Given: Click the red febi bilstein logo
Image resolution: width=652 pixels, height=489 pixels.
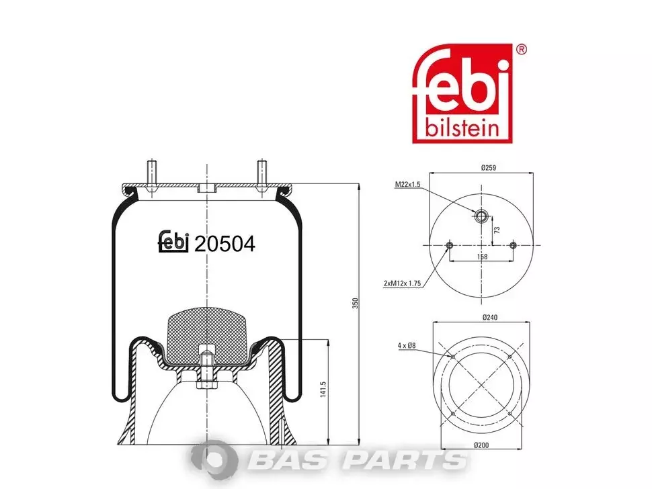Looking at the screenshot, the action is pyautogui.click(x=462, y=93).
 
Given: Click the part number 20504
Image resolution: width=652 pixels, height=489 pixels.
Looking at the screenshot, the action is pyautogui.click(x=225, y=244).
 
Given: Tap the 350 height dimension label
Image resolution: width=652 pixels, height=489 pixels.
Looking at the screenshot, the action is pyautogui.click(x=355, y=303).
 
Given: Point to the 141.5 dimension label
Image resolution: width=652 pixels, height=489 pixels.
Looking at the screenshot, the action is pyautogui.click(x=323, y=390).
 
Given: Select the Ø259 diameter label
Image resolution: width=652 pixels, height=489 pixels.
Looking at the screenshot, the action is pyautogui.click(x=489, y=168).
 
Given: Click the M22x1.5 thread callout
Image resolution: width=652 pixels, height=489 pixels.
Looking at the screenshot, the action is pyautogui.click(x=407, y=185).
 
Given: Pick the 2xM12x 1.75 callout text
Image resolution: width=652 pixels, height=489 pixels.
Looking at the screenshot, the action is pyautogui.click(x=402, y=283).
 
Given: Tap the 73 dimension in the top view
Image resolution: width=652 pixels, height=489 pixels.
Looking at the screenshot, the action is pyautogui.click(x=497, y=230).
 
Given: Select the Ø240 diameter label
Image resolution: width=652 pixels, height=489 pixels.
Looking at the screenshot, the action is pyautogui.click(x=490, y=318).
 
